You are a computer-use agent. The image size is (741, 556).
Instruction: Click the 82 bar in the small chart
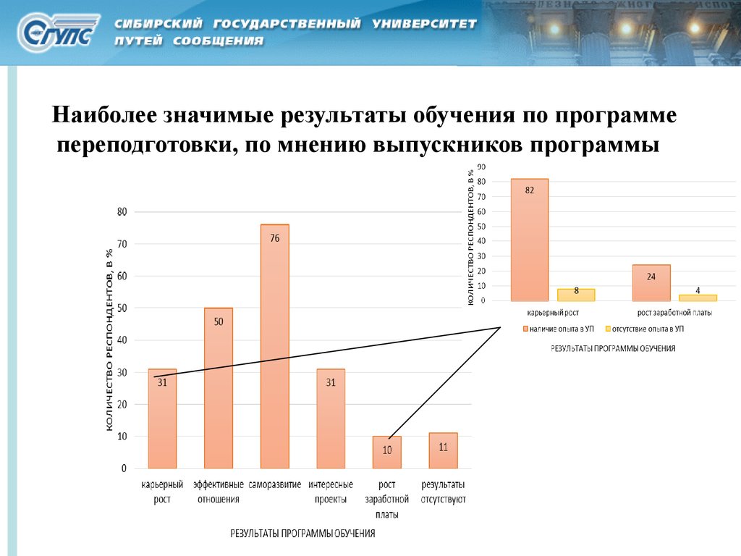click(530, 239)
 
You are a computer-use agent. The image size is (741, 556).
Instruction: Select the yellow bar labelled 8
click(576, 295)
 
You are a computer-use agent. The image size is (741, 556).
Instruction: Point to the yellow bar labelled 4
click(698, 298)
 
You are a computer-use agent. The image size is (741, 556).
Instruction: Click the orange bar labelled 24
click(651, 282)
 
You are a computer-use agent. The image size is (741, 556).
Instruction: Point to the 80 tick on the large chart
click(122, 212)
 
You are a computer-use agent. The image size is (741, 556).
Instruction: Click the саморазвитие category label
click(275, 484)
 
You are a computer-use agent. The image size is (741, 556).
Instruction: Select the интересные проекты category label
click(331, 492)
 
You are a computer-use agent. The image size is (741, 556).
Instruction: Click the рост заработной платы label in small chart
click(674, 313)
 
